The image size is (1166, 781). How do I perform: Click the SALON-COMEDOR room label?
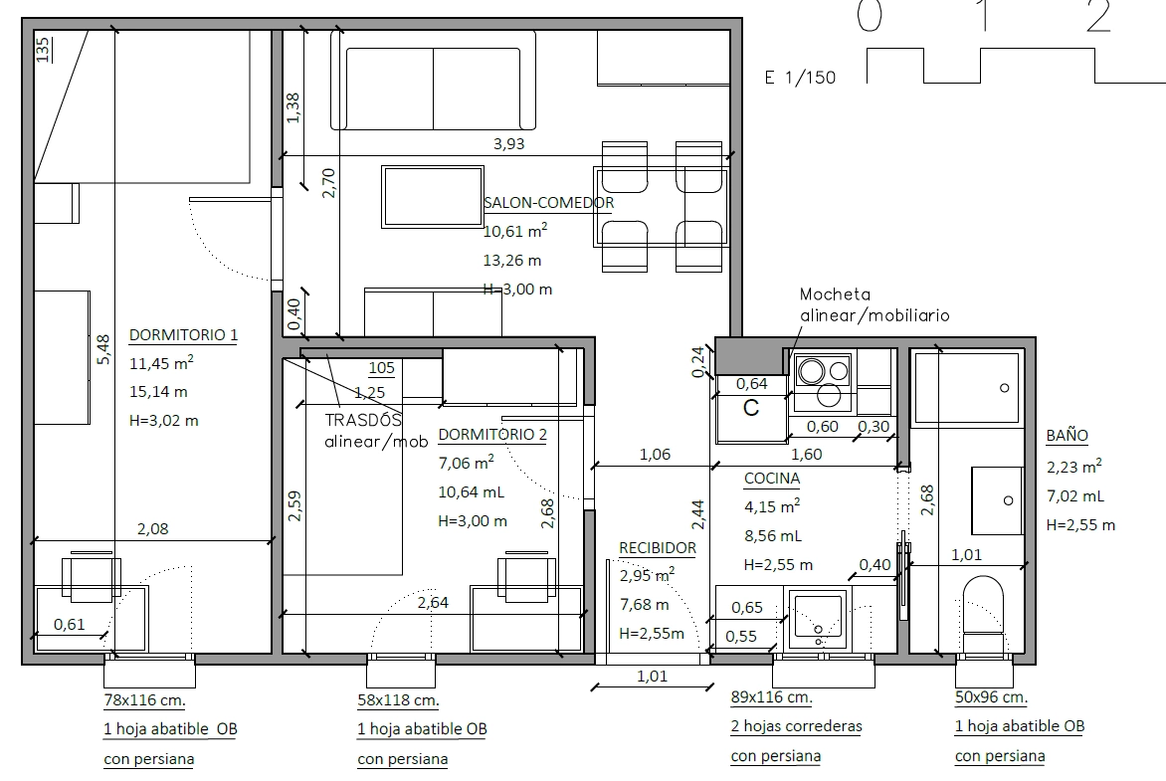click(549, 202)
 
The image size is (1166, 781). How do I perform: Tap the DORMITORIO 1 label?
click(184, 334)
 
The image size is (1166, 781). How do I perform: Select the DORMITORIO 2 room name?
click(492, 435)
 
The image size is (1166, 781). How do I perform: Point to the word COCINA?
click(772, 479)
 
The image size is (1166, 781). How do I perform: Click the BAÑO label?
click(1068, 435)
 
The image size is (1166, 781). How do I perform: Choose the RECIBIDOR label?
click(658, 548)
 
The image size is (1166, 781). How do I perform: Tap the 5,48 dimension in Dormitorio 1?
click(103, 349)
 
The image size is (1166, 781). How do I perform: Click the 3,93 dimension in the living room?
click(508, 143)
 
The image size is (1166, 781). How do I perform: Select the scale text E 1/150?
click(800, 78)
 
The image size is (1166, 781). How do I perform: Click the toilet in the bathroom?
click(983, 613)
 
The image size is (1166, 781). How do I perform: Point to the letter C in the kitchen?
click(751, 408)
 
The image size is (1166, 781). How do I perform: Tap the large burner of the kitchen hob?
click(812, 370)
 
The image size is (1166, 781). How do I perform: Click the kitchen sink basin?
click(817, 615)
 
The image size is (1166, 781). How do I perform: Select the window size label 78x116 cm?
click(144, 700)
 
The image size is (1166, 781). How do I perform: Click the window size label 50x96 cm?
click(991, 697)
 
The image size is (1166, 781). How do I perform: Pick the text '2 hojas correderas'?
click(797, 726)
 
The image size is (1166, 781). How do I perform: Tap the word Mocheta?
click(835, 293)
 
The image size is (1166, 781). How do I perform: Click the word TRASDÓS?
click(363, 420)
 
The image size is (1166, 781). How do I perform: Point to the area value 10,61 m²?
click(515, 231)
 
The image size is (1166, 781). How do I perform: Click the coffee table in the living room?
click(433, 196)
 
